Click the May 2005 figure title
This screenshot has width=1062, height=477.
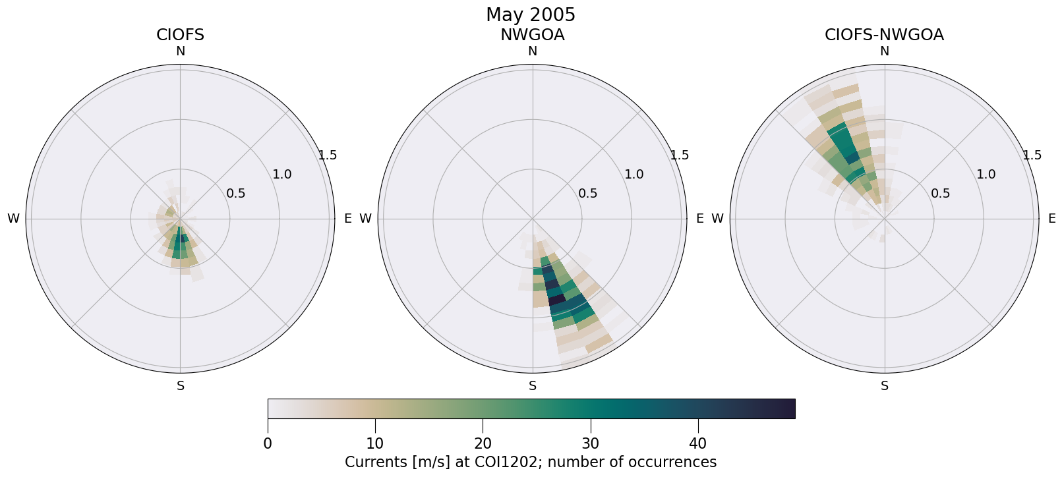click(x=531, y=15)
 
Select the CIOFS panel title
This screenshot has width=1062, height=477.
click(x=180, y=36)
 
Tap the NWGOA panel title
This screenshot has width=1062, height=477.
click(x=532, y=36)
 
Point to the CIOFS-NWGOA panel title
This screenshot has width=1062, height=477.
click(x=884, y=36)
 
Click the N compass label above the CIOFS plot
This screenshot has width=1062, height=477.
click(x=181, y=51)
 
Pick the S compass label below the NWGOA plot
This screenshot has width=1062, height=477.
click(x=533, y=386)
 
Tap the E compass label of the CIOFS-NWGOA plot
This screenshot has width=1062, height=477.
click(x=1052, y=219)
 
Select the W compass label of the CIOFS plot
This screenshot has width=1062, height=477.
click(x=13, y=219)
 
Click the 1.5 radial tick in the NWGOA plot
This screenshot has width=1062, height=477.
click(x=680, y=155)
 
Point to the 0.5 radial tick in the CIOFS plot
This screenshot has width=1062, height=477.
click(x=236, y=194)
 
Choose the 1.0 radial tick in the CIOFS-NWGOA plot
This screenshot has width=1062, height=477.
click(x=986, y=175)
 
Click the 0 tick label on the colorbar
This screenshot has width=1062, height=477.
click(x=268, y=443)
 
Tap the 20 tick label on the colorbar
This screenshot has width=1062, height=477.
click(x=483, y=443)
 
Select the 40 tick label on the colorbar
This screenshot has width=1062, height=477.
click(x=698, y=443)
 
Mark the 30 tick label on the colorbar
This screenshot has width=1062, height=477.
click(x=591, y=443)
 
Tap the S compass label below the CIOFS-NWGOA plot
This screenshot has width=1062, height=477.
click(x=885, y=386)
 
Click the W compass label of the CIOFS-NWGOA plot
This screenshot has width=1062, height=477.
click(x=718, y=219)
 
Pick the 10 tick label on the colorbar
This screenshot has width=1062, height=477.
click(x=375, y=443)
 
